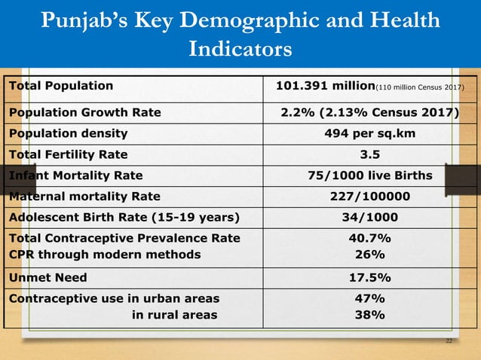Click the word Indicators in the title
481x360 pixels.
[240, 50]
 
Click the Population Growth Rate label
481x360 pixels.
[84, 113]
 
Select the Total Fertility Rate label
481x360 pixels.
[68, 154]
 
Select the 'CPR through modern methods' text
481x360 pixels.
[105, 254]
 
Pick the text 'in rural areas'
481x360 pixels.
[175, 315]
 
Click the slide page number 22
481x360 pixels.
[449, 341]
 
